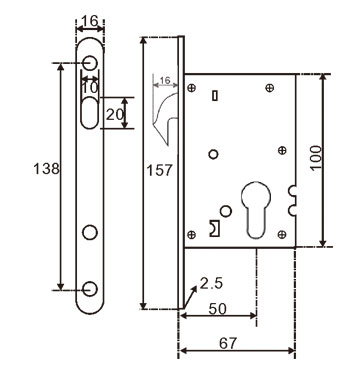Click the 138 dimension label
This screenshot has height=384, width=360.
46,168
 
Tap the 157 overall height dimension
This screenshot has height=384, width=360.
160,170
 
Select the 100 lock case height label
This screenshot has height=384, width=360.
316,158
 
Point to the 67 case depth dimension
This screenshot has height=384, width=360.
228,343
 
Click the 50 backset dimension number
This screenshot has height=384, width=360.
217,309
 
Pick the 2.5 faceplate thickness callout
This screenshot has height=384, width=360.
211,284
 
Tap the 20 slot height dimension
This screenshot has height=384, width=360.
115,115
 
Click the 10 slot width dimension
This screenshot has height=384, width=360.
90,87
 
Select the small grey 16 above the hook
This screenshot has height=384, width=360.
165,80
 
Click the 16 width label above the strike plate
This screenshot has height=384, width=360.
90,21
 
